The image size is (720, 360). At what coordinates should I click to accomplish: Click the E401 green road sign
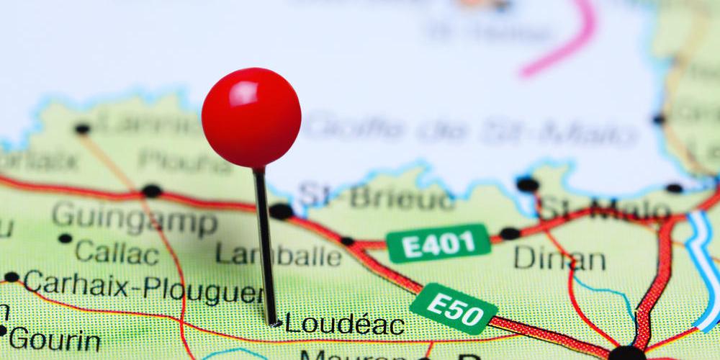tap(438, 243)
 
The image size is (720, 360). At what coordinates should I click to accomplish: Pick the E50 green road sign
tap(454, 308)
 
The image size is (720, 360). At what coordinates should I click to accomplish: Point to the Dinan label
tap(559, 258)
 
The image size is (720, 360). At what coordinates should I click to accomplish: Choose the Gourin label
tap(54, 338)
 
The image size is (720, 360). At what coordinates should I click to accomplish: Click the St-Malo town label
tap(605, 210)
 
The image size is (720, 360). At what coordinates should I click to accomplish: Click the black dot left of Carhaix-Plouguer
tap(12, 277)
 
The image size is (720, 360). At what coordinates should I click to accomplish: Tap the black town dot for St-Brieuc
tap(281, 211)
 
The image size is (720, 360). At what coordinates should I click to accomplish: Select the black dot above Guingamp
tap(151, 191)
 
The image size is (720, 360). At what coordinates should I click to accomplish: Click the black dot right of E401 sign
tap(510, 233)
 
